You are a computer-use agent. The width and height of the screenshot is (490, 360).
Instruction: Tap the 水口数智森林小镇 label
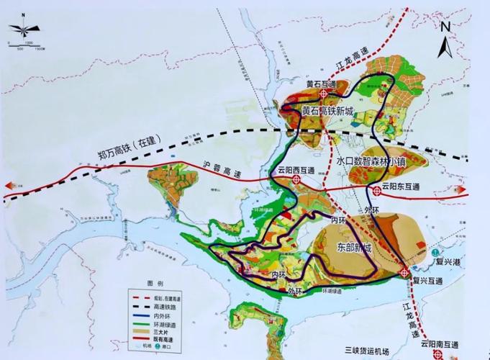[372, 163]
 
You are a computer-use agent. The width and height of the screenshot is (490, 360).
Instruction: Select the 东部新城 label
[354, 248]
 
